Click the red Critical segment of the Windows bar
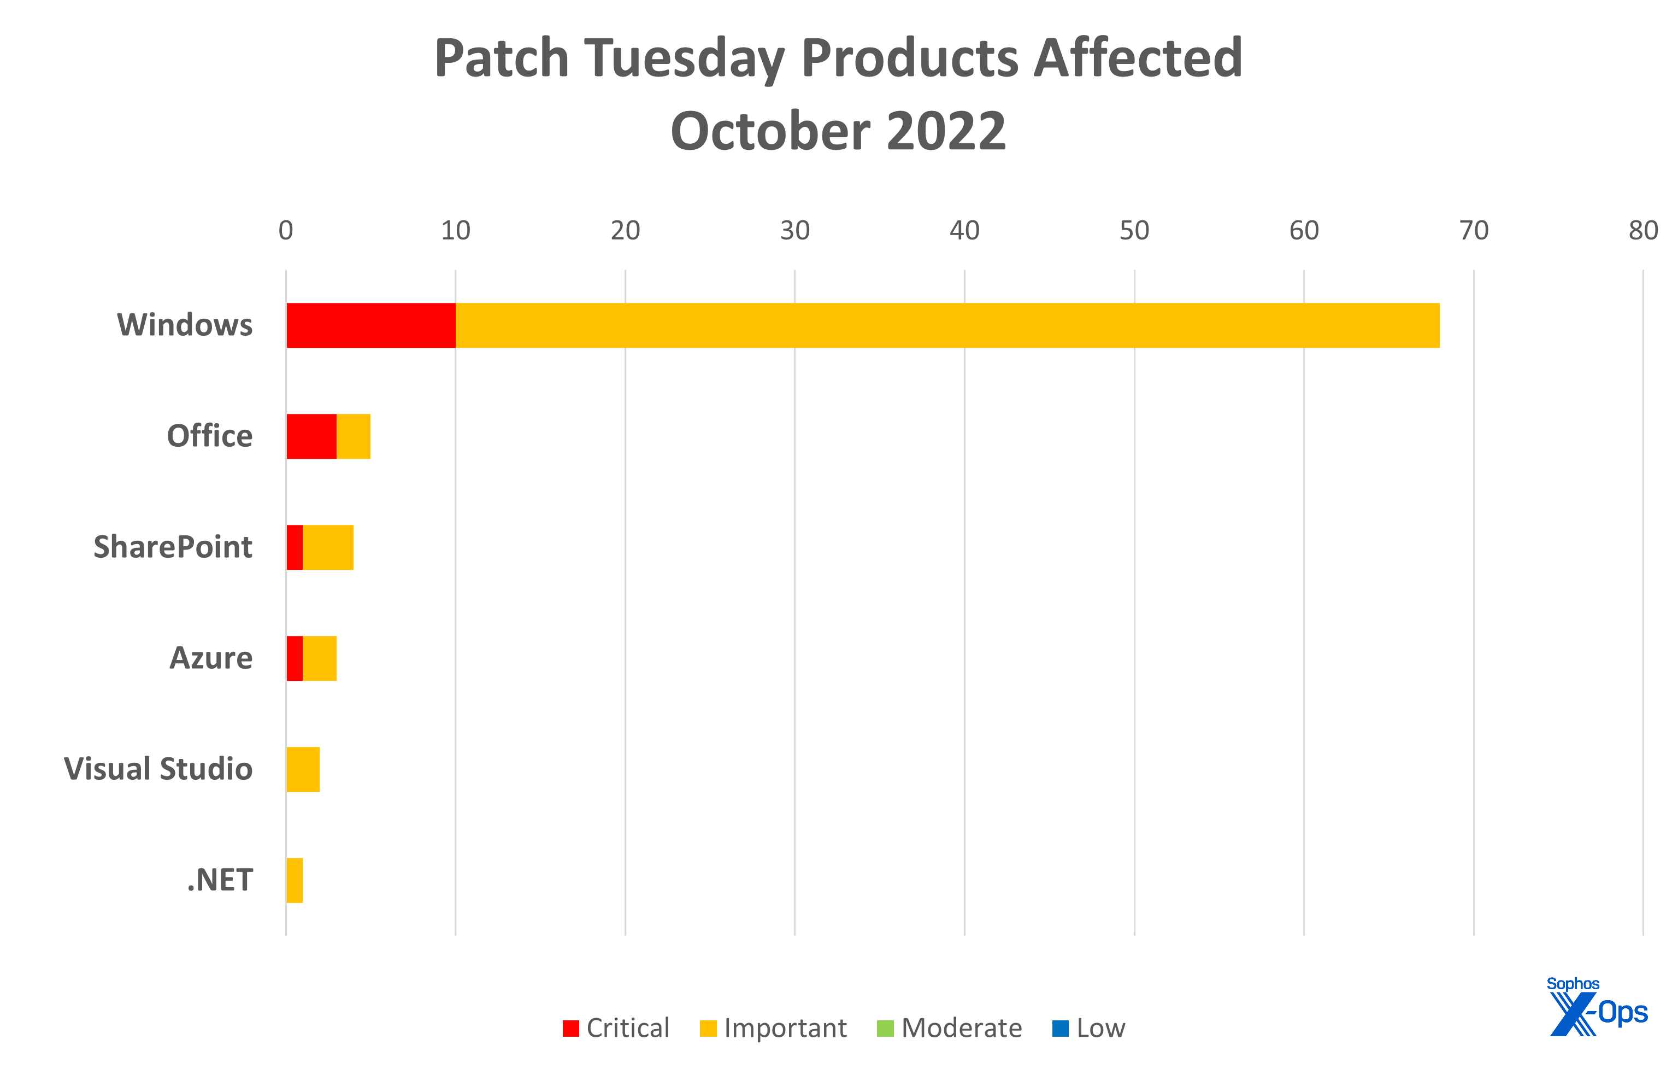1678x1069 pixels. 370,326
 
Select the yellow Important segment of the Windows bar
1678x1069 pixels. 947,326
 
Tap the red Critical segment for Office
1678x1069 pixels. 311,436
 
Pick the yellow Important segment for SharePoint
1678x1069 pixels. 328,547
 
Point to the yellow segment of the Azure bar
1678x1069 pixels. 320,658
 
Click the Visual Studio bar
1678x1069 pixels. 303,770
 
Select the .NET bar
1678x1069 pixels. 295,881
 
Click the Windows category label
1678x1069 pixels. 185,325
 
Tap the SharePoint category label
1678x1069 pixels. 173,547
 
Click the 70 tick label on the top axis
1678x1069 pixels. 1474,231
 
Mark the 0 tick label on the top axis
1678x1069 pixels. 286,231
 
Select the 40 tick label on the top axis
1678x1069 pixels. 964,231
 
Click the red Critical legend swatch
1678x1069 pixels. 570,1029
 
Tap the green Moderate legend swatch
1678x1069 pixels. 885,1029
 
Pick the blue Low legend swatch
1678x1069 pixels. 1060,1029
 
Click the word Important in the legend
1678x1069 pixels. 785,1029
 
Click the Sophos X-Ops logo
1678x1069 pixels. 1597,1008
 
